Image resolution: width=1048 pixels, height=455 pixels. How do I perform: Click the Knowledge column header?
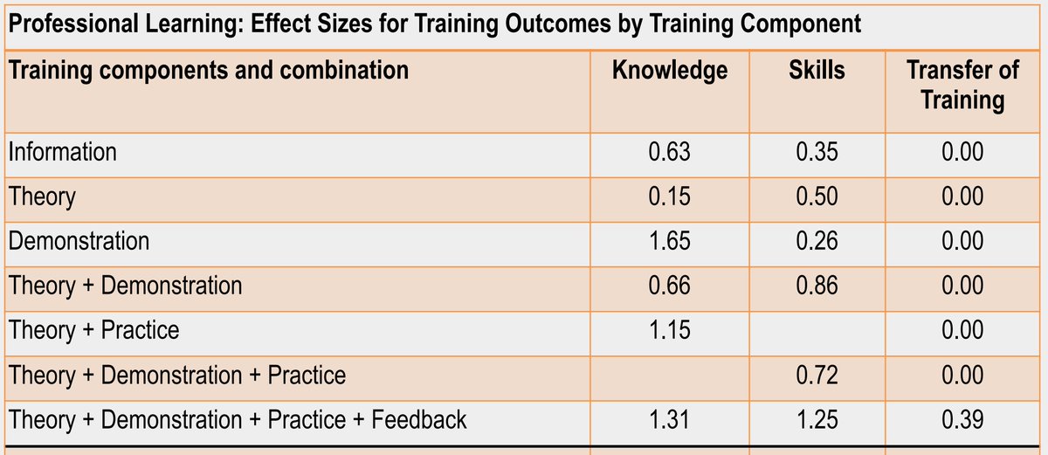click(669, 71)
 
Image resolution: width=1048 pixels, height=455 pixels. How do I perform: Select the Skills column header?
click(817, 71)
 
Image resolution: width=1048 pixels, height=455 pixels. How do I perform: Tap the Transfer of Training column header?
click(962, 85)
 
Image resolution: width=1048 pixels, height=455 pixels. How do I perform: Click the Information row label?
click(62, 152)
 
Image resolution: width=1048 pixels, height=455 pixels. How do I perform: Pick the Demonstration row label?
click(79, 241)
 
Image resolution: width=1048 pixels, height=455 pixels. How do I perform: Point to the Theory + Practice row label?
click(93, 330)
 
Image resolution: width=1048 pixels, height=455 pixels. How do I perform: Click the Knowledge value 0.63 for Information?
click(669, 152)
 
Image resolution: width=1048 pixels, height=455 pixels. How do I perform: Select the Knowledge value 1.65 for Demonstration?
click(669, 241)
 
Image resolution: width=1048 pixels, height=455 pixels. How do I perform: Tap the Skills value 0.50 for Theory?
click(817, 196)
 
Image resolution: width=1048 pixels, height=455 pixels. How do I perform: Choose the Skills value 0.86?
click(817, 286)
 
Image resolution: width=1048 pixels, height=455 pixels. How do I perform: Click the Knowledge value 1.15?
click(669, 330)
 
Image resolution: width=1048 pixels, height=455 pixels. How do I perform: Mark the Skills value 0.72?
click(817, 376)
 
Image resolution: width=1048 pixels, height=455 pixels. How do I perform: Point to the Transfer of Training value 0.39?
click(962, 420)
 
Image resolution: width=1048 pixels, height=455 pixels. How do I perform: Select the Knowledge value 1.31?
click(669, 420)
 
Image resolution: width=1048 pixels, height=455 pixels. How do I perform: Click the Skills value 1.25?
click(817, 420)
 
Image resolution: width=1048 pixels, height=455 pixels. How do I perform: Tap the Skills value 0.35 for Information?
click(817, 152)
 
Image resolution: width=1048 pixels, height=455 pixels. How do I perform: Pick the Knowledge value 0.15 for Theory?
click(669, 196)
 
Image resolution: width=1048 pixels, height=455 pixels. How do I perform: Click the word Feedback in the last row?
click(419, 420)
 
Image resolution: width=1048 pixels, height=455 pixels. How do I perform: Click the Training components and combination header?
click(208, 70)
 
